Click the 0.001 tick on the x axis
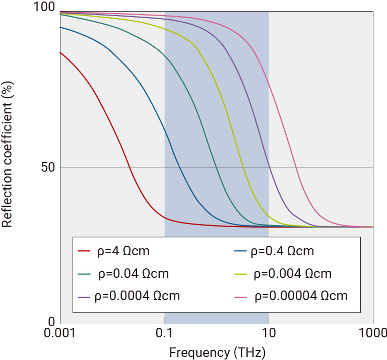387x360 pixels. [x=60, y=334]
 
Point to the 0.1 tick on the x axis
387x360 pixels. [x=165, y=334]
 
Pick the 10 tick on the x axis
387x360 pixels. [x=269, y=334]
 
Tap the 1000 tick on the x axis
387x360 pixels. [x=373, y=334]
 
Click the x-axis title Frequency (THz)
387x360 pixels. [x=217, y=351]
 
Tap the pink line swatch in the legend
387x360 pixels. [x=243, y=296]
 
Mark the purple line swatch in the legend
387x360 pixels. [x=84, y=296]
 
